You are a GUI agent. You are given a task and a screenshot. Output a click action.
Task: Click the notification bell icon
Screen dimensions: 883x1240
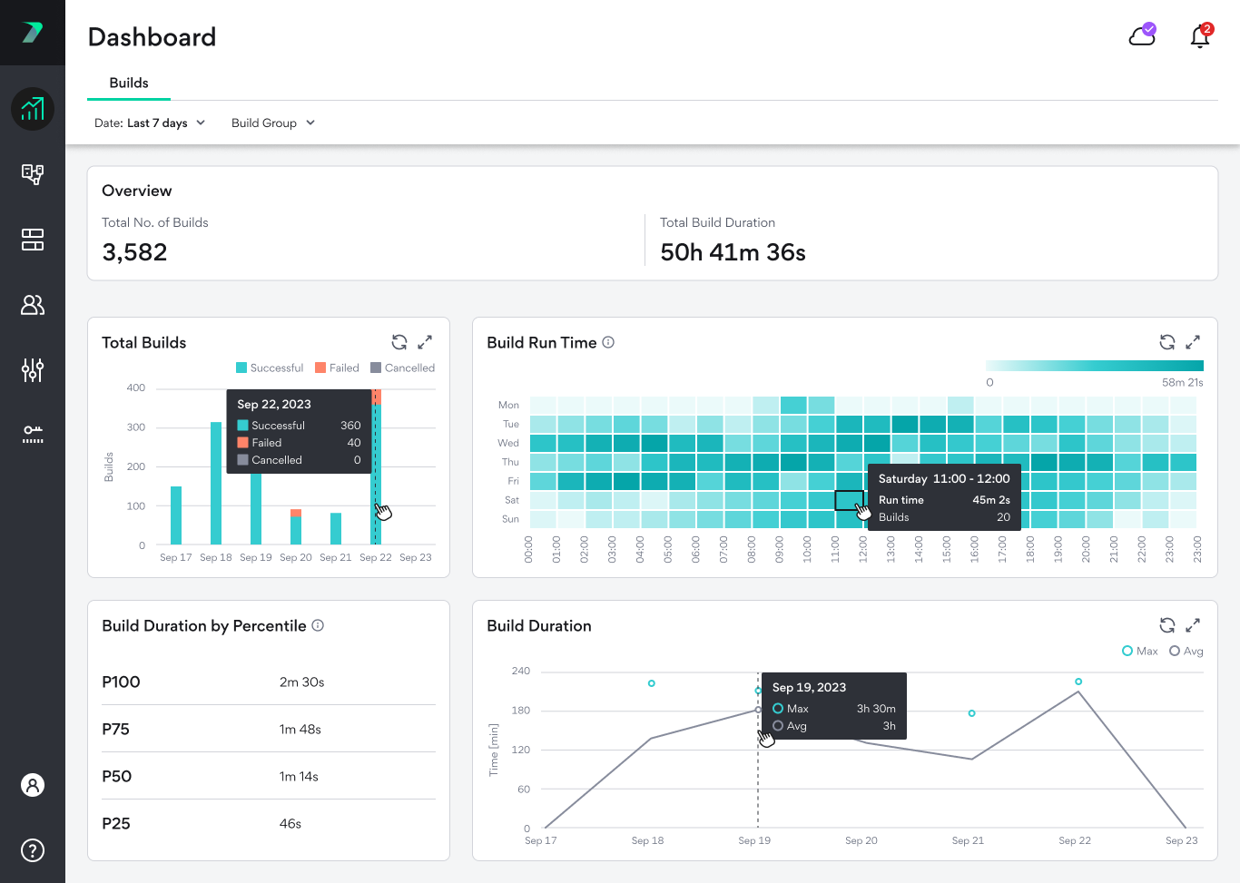coord(1200,36)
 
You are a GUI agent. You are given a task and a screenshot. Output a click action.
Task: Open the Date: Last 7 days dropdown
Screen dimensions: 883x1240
coord(150,123)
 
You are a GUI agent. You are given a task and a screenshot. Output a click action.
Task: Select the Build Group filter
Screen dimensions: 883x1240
coord(272,123)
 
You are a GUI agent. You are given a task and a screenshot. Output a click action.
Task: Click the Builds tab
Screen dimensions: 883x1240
coord(129,83)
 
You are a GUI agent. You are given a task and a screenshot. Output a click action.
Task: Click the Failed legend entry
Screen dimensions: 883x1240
coord(337,368)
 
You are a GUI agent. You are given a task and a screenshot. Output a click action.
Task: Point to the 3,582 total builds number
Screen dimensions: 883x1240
coord(134,252)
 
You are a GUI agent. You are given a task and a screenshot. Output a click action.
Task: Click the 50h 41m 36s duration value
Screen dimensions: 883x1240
coord(733,252)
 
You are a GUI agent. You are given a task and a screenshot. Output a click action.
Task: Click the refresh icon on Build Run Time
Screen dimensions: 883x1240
coord(1167,342)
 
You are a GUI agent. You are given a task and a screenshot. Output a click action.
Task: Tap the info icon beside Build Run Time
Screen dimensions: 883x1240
coord(608,342)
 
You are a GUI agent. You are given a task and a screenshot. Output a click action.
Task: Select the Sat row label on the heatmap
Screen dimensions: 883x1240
coord(512,500)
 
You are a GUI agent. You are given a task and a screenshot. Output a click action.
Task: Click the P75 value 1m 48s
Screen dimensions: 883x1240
coord(300,730)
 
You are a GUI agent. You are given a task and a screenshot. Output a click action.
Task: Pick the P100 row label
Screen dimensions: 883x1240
coord(121,682)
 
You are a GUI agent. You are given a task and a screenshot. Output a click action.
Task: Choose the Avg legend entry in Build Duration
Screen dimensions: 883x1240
coord(1186,652)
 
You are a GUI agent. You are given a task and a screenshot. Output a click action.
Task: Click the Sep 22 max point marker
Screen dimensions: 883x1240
coord(1078,682)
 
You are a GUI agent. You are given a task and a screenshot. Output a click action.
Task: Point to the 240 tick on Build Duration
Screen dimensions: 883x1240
coord(520,672)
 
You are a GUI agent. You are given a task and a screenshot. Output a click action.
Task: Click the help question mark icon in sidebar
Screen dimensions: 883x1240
coord(33,850)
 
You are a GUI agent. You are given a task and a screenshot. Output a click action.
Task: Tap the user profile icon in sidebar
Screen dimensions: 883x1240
coord(33,785)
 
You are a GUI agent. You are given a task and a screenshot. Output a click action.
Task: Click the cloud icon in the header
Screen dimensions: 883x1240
coord(1142,36)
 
